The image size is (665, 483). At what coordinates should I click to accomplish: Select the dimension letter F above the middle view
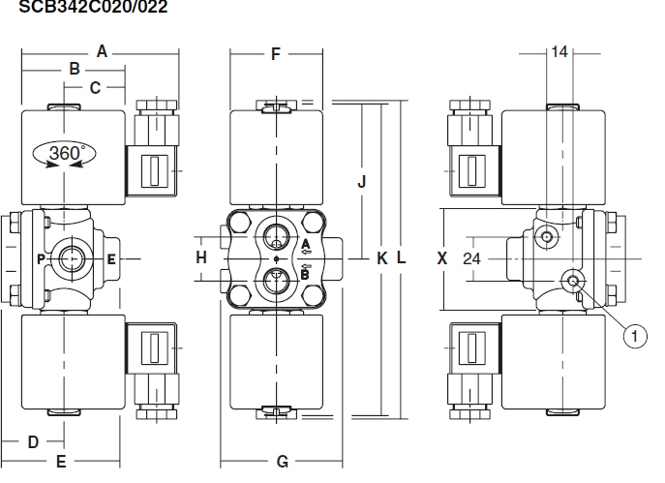275,54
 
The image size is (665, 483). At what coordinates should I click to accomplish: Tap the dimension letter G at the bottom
283,462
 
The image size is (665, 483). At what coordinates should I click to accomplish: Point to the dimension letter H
201,257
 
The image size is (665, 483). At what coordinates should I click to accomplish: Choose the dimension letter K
381,258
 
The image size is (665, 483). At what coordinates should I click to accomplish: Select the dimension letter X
442,258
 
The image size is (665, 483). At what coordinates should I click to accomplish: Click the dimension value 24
471,258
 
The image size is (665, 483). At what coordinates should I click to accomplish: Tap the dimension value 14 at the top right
559,52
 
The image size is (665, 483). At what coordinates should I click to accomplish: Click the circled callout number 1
635,336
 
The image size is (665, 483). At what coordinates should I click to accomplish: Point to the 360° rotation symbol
66,154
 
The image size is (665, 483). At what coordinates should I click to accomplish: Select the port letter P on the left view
41,258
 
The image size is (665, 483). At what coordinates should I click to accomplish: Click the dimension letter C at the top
95,88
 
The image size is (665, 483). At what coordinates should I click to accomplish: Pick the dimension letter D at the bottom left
32,442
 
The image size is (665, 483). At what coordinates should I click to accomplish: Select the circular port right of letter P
73,258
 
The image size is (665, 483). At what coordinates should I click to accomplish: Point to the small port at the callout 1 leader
573,281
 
